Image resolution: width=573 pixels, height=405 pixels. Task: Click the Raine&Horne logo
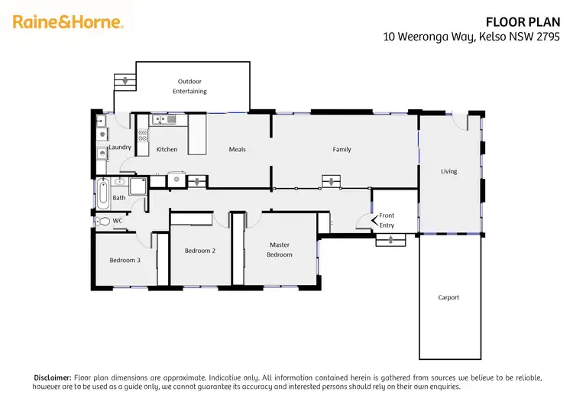click(x=68, y=22)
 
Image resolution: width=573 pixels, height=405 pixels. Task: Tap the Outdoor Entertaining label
click(x=193, y=86)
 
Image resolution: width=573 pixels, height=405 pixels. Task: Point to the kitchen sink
click(x=163, y=118)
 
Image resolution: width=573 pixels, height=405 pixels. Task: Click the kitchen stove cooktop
click(x=142, y=137)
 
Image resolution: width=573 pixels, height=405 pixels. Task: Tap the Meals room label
click(x=237, y=149)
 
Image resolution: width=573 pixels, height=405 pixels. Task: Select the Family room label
click(x=342, y=149)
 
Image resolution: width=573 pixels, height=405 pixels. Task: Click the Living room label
click(x=449, y=171)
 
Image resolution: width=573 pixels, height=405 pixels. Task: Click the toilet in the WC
click(x=103, y=222)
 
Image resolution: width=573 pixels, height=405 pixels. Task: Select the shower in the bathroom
click(x=138, y=187)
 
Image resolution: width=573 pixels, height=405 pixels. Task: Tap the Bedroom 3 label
click(x=125, y=260)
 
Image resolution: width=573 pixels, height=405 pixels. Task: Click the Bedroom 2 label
click(x=199, y=250)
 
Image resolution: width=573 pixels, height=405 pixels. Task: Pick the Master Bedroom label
click(x=279, y=249)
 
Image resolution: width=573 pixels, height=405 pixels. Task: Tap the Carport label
click(x=448, y=297)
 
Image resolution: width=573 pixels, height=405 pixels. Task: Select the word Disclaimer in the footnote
click(x=52, y=377)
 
